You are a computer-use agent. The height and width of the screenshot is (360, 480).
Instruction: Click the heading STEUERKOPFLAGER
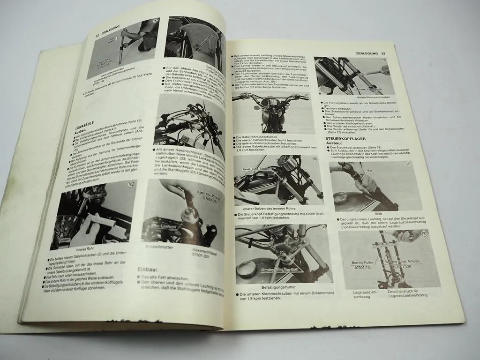click(x=352, y=139)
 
